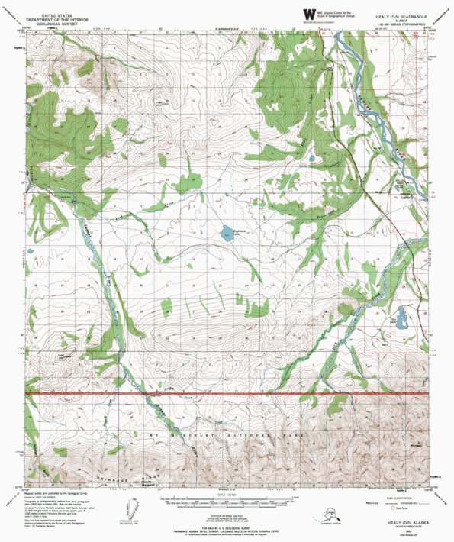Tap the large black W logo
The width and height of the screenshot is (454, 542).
(307, 14)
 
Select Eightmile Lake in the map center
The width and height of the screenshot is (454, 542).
(228, 234)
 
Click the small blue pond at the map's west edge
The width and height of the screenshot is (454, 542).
(32, 250)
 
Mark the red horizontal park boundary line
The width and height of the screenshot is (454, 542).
(229, 393)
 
